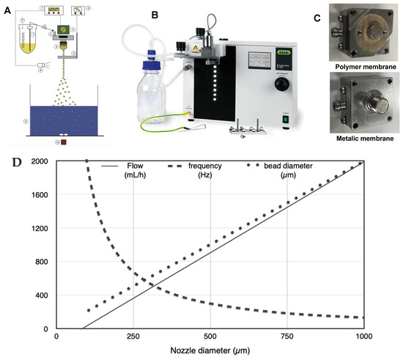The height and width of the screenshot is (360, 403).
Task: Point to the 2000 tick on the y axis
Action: point(40,161)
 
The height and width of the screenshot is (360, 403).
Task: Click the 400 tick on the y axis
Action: point(42,295)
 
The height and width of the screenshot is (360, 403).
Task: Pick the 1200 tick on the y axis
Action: point(40,228)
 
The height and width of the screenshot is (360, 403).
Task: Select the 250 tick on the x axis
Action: point(133,336)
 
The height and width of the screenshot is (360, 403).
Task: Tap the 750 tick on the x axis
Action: point(286,336)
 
